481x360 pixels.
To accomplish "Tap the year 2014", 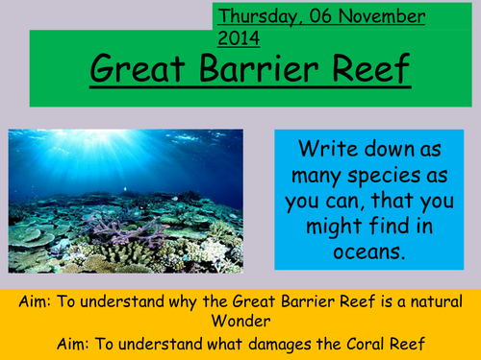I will pos(240,38).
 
